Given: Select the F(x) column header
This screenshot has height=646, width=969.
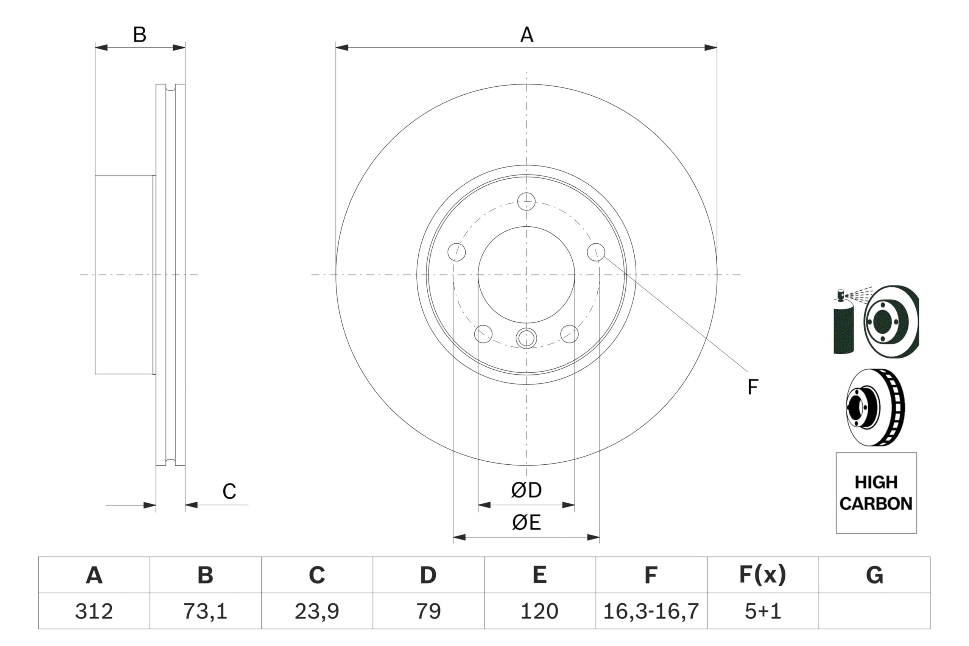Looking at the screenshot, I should (x=763, y=575).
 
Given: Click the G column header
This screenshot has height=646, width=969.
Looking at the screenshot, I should (x=874, y=575).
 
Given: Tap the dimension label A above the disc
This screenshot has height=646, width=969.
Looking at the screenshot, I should (x=527, y=35).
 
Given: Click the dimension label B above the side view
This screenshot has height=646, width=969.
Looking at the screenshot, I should (x=140, y=35).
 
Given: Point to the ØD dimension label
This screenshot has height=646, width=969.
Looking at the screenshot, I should (x=526, y=490).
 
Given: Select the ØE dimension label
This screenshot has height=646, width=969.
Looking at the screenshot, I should (x=526, y=523).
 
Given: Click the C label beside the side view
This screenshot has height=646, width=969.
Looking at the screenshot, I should (x=229, y=492).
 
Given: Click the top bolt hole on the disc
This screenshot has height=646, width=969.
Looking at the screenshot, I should (x=526, y=201).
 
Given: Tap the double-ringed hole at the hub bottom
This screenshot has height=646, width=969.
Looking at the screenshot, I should (x=526, y=338).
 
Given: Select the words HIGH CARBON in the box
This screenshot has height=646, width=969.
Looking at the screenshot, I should (x=876, y=493).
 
